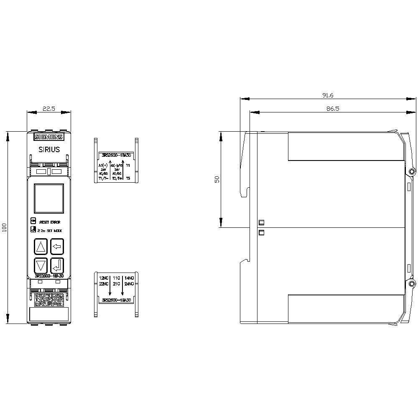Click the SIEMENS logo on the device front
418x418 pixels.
coord(48,137)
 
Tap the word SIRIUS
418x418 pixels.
coord(49,149)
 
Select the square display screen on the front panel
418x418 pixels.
coord(48,198)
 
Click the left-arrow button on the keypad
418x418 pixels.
coord(57,247)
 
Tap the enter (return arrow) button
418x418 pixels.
coord(57,265)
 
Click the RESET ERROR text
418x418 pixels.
coord(49,222)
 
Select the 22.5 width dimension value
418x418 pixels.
coord(48,109)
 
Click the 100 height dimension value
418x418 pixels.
coord(5,228)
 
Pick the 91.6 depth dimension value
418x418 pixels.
coord(327,96)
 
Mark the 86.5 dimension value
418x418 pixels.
coord(327,109)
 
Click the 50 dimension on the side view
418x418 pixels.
coord(217,179)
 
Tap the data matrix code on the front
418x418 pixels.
coord(48,300)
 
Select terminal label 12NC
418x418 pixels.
coord(103,278)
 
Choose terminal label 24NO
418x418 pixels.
coord(129,284)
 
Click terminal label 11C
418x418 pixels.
coord(116,278)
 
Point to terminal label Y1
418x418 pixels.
coord(128,166)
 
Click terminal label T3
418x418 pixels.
coord(128,178)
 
